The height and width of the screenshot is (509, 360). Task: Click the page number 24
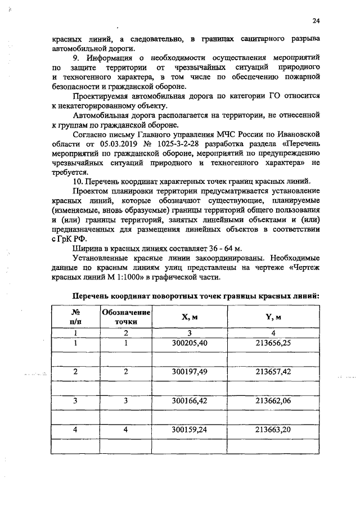(316, 21)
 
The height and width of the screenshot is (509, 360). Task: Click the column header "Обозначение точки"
(126, 317)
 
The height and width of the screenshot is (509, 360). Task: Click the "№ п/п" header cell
(75, 317)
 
